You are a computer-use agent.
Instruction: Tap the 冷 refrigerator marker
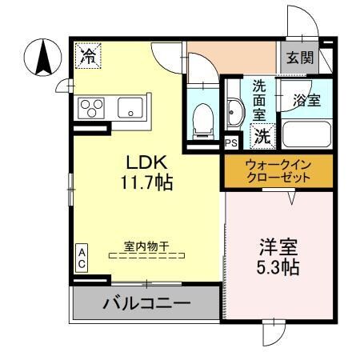(89, 55)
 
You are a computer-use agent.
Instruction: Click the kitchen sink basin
(129, 107)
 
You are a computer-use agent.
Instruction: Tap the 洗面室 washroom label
(260, 99)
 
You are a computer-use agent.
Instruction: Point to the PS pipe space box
(230, 144)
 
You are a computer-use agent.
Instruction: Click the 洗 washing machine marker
(261, 136)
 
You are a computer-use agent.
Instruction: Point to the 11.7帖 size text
(146, 183)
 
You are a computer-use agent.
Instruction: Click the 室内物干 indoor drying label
(146, 247)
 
